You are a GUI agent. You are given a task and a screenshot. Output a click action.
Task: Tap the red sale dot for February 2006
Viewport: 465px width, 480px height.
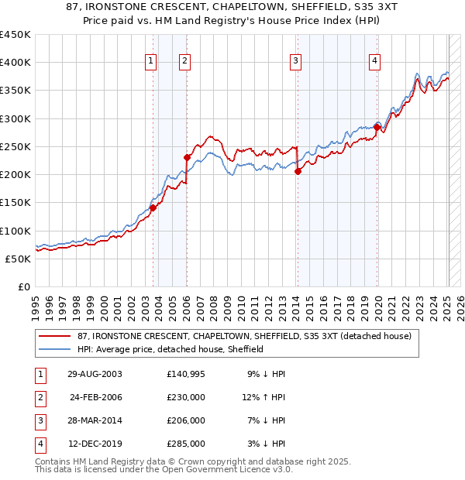pos(187,157)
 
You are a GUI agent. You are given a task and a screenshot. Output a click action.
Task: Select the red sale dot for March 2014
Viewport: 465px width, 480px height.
pos(298,172)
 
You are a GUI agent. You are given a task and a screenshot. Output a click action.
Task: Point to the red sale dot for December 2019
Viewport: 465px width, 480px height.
pos(377,127)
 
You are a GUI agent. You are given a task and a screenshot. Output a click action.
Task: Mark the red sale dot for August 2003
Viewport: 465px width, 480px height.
pos(153,207)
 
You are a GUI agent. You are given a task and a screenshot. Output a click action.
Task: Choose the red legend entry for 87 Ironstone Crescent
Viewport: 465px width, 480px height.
pos(239,336)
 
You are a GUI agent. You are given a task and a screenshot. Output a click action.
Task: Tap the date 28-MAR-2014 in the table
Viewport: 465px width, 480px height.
pos(95,420)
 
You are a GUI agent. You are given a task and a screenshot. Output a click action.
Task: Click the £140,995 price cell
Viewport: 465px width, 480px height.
pos(185,374)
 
